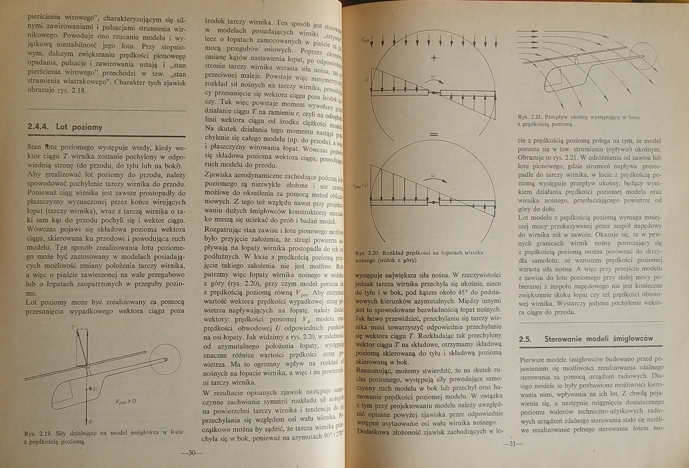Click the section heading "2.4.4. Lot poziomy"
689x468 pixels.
(65, 127)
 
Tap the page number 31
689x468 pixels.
(513, 444)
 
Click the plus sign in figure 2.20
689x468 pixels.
(434, 58)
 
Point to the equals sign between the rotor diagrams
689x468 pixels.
(433, 135)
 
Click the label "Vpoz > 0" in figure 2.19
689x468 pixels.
(125, 401)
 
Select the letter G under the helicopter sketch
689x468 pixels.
(90, 421)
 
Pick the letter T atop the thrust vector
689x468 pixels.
(73, 328)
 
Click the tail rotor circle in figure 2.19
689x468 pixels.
(165, 360)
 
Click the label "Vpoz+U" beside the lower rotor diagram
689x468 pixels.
(360, 186)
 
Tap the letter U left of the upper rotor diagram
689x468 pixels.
(366, 80)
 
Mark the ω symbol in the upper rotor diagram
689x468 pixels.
(433, 77)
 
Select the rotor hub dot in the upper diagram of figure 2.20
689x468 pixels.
(433, 93)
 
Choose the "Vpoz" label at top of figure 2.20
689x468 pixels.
(365, 40)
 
